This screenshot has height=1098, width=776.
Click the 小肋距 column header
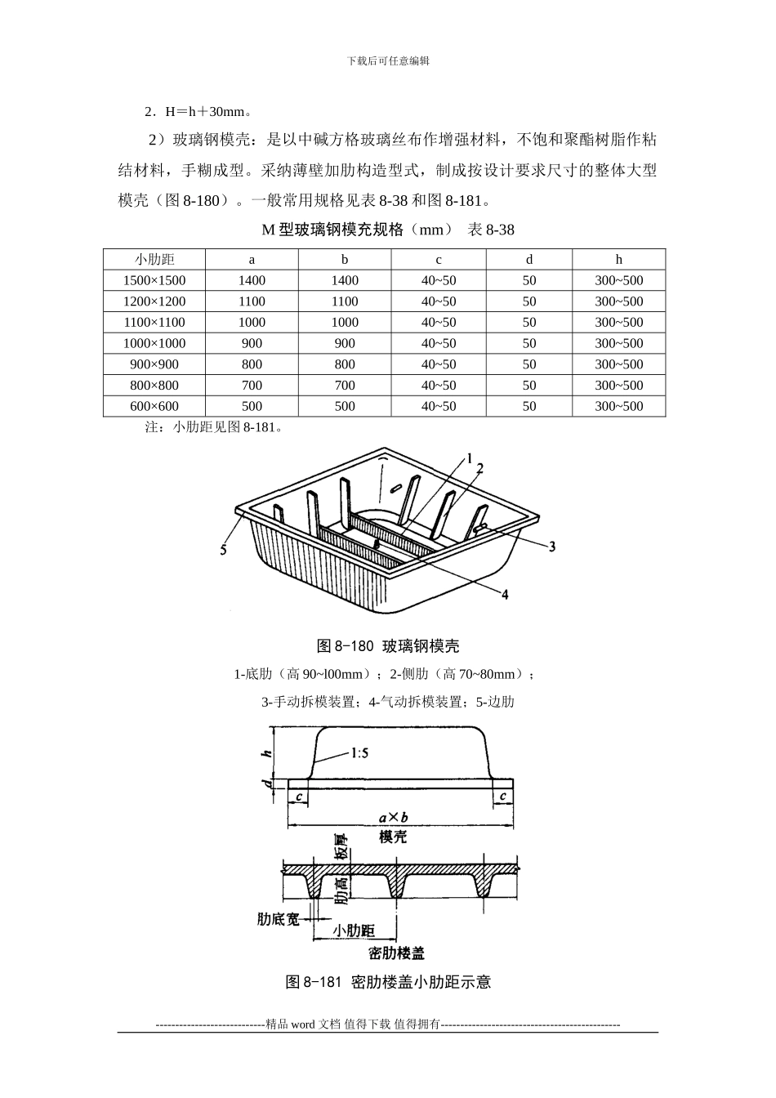click(154, 260)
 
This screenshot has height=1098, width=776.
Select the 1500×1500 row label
click(154, 280)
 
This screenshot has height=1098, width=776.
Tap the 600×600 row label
click(154, 406)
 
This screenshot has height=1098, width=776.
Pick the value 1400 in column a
click(252, 280)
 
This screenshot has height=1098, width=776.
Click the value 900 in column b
click(345, 343)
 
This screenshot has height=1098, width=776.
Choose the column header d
click(529, 260)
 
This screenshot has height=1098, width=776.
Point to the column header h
click(619, 260)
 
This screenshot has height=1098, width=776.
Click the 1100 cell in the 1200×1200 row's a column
click(252, 301)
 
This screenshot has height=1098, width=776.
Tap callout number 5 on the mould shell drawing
click(223, 550)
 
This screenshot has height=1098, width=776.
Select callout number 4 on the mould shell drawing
click(505, 595)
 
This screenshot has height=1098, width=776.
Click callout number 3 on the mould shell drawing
click(552, 546)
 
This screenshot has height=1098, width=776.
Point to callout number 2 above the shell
click(480, 467)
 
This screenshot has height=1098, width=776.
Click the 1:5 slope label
click(359, 753)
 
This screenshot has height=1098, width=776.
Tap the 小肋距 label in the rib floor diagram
click(354, 931)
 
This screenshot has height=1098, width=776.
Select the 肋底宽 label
click(279, 919)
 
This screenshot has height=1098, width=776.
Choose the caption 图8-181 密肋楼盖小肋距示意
click(388, 982)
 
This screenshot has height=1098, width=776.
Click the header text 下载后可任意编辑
click(388, 61)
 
